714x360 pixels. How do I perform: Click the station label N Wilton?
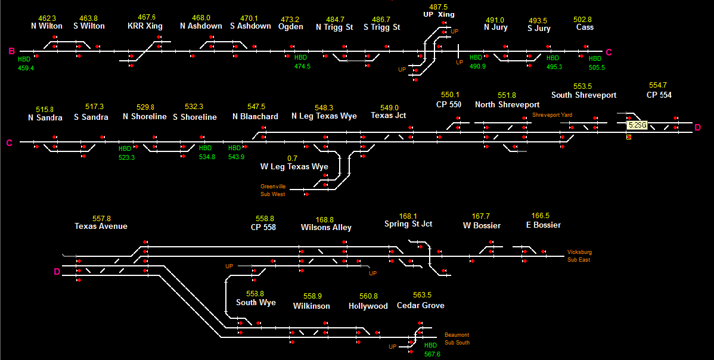(46, 26)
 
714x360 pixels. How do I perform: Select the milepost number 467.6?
(146, 18)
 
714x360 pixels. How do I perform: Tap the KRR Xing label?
(145, 26)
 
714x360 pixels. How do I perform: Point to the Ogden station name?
(290, 27)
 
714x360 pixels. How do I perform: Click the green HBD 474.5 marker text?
(302, 62)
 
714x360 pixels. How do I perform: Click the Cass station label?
(585, 27)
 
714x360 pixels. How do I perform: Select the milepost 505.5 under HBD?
(597, 67)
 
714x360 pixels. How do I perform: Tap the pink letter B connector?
(11, 51)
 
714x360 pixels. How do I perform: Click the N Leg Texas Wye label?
(324, 116)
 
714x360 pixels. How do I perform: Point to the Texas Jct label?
(388, 116)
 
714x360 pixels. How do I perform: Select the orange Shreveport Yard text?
(552, 114)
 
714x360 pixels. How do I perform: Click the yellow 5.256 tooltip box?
(637, 125)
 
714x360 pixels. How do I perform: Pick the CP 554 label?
(659, 95)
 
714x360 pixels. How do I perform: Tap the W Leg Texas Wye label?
(294, 166)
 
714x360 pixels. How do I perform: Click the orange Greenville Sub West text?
(273, 190)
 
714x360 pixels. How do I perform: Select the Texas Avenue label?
(101, 226)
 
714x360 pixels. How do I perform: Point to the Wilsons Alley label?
(325, 228)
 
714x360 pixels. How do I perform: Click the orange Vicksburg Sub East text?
(579, 256)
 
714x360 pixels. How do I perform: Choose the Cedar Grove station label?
(420, 306)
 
